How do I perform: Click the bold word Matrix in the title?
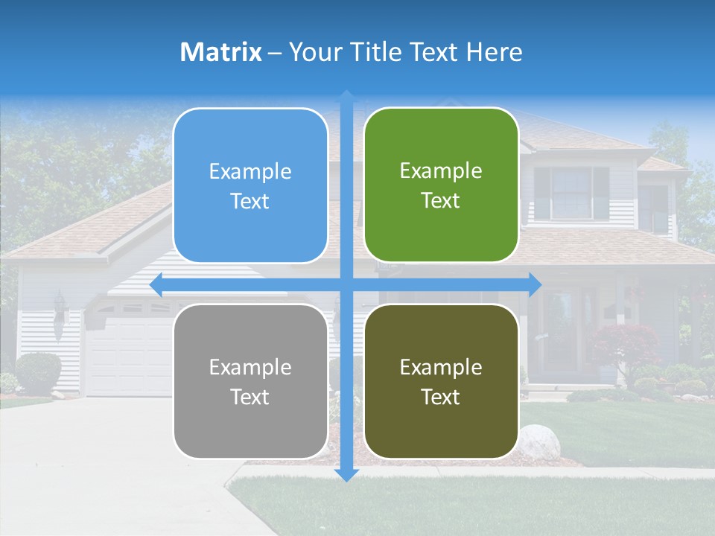tap(221, 52)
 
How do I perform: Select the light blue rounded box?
tap(250, 185)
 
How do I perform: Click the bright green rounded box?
tap(441, 185)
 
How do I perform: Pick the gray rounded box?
tap(250, 381)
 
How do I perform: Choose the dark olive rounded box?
tap(441, 381)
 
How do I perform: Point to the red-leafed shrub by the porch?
tap(626, 345)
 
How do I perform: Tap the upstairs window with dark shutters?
tap(571, 193)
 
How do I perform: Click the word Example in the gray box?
tap(250, 367)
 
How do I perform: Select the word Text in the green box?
tap(441, 201)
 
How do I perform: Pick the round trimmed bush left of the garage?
tap(38, 371)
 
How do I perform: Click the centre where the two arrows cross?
tap(346, 284)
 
